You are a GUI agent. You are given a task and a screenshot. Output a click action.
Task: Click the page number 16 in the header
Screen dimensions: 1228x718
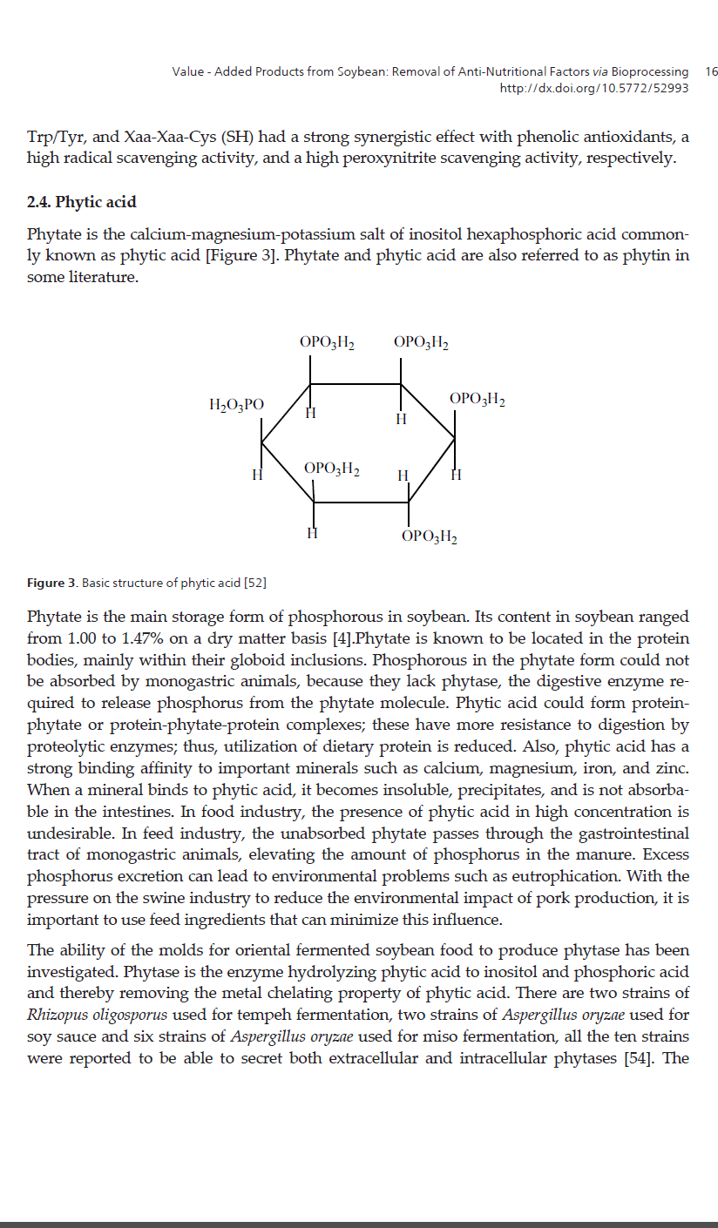point(710,71)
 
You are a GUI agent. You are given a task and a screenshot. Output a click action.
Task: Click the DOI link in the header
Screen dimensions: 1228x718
point(593,88)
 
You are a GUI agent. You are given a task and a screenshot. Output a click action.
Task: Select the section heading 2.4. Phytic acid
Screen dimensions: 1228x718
point(82,202)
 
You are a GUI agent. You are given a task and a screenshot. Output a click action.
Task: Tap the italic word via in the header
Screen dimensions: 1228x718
point(599,71)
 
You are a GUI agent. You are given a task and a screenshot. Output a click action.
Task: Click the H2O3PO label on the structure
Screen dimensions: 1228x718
point(237,404)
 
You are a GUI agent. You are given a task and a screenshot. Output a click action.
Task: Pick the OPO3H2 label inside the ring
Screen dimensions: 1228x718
point(332,469)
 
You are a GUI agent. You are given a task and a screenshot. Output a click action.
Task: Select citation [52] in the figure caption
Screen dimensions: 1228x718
point(254,582)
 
